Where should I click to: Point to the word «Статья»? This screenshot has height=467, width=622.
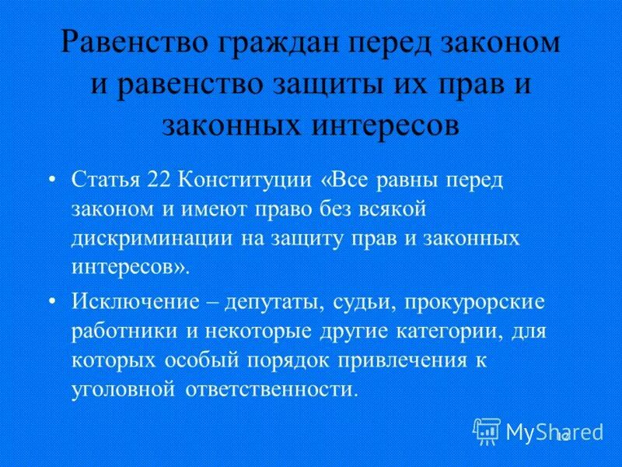click(105, 181)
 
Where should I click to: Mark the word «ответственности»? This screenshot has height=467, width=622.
click(272, 388)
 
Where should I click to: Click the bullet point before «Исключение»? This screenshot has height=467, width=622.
click(52, 302)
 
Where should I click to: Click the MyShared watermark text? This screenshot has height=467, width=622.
click(554, 430)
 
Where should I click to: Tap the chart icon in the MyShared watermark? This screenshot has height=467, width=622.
click(487, 430)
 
